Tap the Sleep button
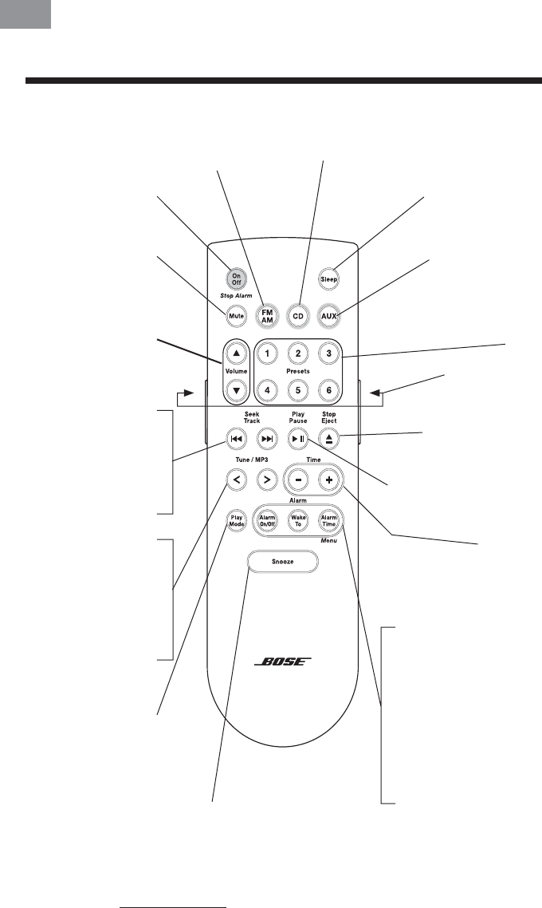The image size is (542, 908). click(x=329, y=279)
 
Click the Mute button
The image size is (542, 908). click(x=236, y=316)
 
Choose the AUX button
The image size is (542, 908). click(x=329, y=316)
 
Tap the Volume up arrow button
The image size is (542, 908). click(x=236, y=352)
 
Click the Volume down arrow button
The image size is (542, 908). click(x=236, y=390)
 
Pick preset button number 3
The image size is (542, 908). click(x=328, y=352)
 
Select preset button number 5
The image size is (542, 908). click(x=297, y=390)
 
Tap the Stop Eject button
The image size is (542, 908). click(x=329, y=437)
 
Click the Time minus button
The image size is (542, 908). click(x=297, y=480)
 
